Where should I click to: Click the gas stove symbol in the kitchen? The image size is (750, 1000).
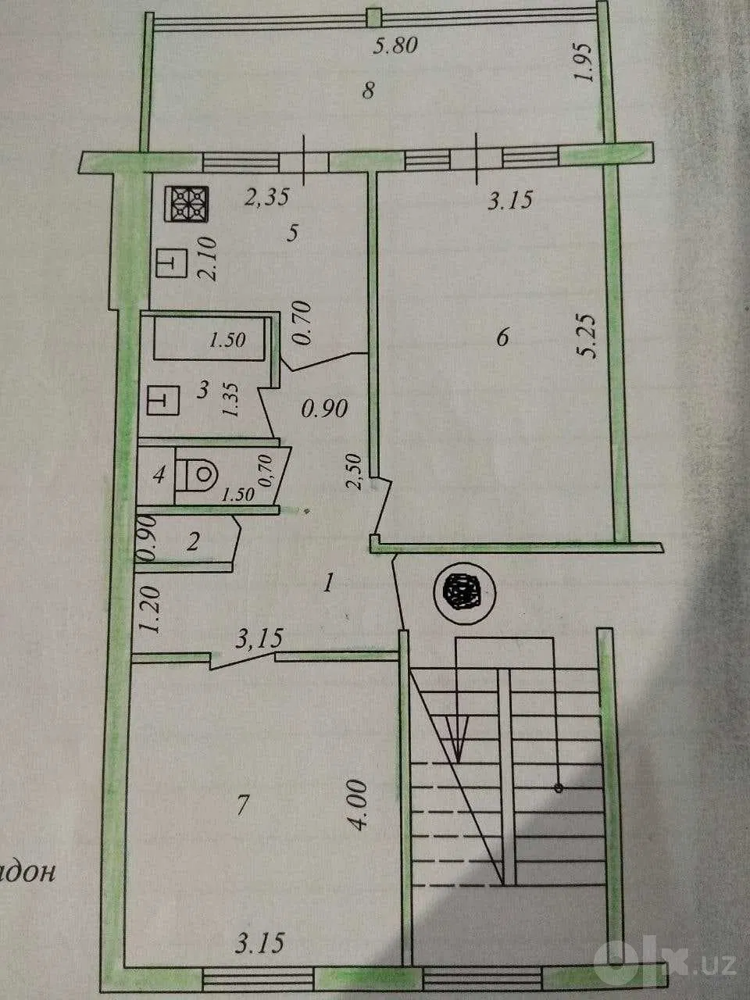click(188, 205)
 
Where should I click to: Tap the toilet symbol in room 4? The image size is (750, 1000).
click(197, 474)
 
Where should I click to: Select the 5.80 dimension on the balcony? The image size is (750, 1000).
click(395, 46)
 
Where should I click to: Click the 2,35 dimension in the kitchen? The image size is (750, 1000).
click(267, 198)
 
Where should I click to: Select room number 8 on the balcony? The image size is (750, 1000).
click(368, 90)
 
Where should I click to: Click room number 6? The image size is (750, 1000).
click(502, 338)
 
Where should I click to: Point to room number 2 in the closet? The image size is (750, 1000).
click(194, 542)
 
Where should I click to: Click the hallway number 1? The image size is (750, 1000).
click(328, 583)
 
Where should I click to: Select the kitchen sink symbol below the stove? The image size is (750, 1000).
click(172, 262)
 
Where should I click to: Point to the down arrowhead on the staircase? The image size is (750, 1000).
click(457, 740)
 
